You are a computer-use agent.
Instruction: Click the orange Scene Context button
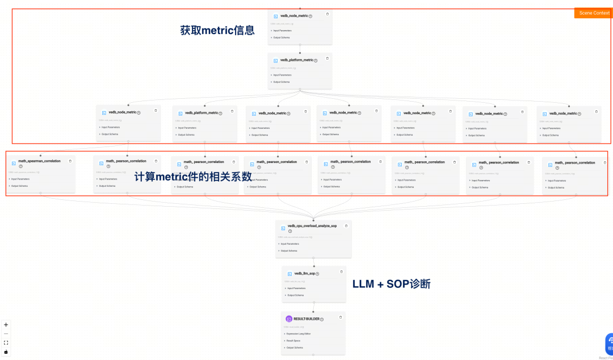pyautogui.click(x=594, y=12)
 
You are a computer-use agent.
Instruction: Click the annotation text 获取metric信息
pyautogui.click(x=217, y=31)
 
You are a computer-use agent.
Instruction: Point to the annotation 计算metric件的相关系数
pyautogui.click(x=193, y=177)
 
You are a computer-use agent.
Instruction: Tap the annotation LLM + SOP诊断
pyautogui.click(x=391, y=284)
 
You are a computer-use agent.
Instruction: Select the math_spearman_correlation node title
pyautogui.click(x=39, y=161)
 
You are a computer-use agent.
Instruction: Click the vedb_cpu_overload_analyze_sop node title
pyautogui.click(x=312, y=226)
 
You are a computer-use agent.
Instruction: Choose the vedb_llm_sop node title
pyautogui.click(x=304, y=274)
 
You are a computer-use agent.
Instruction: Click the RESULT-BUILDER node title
pyautogui.click(x=306, y=319)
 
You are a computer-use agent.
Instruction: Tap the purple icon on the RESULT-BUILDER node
pyautogui.click(x=289, y=319)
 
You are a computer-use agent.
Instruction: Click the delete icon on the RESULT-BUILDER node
pyautogui.click(x=341, y=317)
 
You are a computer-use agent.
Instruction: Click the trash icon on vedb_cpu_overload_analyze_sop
pyautogui.click(x=346, y=225)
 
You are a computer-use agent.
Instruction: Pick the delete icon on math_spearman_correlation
pyautogui.click(x=70, y=161)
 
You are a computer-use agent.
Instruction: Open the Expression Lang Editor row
pyautogui.click(x=299, y=334)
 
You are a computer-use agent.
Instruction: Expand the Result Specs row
pyautogui.click(x=294, y=341)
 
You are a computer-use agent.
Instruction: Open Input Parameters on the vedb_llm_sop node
pyautogui.click(x=297, y=288)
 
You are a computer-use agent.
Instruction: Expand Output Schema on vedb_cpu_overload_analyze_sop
pyautogui.click(x=289, y=250)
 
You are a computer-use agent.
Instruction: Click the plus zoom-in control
pyautogui.click(x=6, y=325)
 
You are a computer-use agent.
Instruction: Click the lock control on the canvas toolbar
pyautogui.click(x=6, y=351)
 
